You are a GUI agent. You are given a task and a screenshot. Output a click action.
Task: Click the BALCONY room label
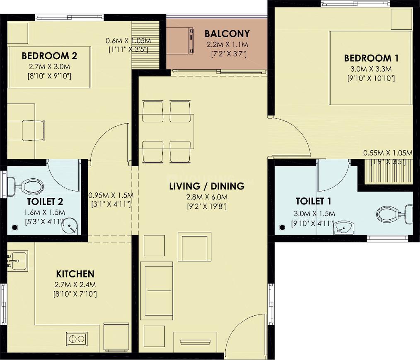pyautogui.click(x=227, y=34)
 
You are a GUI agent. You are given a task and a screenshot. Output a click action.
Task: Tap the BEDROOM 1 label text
pyautogui.click(x=367, y=58)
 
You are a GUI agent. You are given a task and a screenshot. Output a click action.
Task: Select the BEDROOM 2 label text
pyautogui.click(x=50, y=55)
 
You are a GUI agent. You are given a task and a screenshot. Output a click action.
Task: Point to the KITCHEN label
pyautogui.click(x=75, y=274)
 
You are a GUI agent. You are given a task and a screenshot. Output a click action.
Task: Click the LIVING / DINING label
pyautogui.click(x=207, y=186)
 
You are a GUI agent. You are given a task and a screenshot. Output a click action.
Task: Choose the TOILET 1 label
pyautogui.click(x=313, y=201)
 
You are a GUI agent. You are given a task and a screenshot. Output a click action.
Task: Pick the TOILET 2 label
pyautogui.click(x=45, y=202)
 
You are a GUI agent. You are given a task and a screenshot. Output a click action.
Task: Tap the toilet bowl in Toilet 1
pyautogui.click(x=392, y=214)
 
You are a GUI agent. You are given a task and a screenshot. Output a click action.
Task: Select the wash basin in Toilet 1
pyautogui.click(x=344, y=227)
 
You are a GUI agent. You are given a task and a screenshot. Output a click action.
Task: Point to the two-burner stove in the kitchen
pyautogui.click(x=76, y=339)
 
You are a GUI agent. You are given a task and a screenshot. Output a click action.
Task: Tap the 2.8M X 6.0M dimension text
pyautogui.click(x=207, y=197)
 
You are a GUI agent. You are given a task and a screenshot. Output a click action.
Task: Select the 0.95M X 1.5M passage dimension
pyautogui.click(x=111, y=195)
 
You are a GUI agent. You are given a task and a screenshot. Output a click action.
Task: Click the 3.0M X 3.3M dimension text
pyautogui.click(x=367, y=69)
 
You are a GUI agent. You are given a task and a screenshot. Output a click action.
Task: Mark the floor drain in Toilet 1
pyautogui.click(x=282, y=227)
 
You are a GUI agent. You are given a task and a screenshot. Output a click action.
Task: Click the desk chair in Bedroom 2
pyautogui.click(x=33, y=130)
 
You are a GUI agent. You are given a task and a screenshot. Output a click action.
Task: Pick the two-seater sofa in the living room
pyautogui.click(x=157, y=290)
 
